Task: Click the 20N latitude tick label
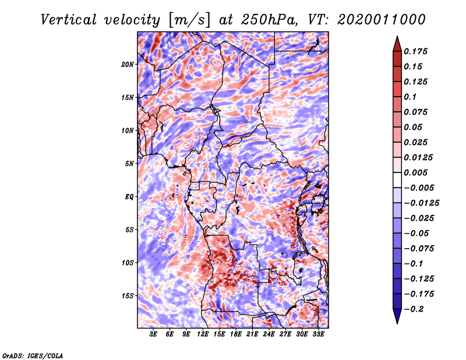pos(128,64)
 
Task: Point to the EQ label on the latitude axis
pos(129,197)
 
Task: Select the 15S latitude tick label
pos(128,296)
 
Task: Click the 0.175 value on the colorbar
pos(417,52)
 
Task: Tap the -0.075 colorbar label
pos(421,248)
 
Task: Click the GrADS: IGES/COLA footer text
pos(33,355)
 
